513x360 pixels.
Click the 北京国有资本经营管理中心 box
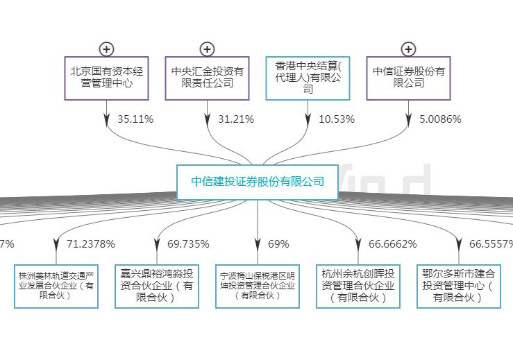click(106, 78)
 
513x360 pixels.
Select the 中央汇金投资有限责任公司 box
click(207, 78)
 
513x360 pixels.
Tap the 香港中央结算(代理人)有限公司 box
click(308, 78)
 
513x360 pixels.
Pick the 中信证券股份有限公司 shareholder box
click(408, 78)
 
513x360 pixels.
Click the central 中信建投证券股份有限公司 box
click(258, 182)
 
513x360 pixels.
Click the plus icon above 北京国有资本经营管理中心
click(106, 49)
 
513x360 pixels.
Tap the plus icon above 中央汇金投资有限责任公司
click(207, 49)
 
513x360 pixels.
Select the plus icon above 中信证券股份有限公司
click(408, 49)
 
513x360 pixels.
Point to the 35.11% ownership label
click(135, 119)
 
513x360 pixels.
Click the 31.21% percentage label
click(235, 119)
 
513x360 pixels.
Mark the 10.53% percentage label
click(336, 119)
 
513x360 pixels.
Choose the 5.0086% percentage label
click(440, 119)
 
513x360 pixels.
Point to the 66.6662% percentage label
click(392, 244)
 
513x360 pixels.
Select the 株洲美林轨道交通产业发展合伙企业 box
click(56, 285)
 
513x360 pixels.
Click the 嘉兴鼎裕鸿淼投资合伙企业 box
click(156, 285)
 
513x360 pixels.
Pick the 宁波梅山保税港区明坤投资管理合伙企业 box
click(258, 285)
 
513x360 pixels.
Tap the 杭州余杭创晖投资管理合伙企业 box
click(358, 285)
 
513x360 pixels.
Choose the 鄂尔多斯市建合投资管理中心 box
click(459, 285)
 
